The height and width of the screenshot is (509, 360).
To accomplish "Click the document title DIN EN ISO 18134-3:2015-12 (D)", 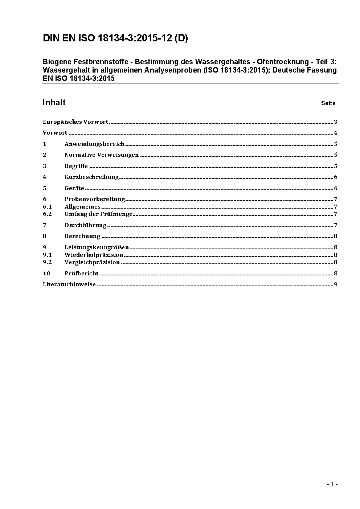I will pyautogui.click(x=115, y=38).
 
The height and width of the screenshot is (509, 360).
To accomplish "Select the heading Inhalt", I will pyautogui.click(x=54, y=102).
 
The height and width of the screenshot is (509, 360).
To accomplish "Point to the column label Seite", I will pyautogui.click(x=328, y=103).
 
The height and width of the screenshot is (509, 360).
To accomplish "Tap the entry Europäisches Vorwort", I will pyautogui.click(x=75, y=122).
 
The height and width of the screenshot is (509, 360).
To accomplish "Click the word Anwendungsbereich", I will pyautogui.click(x=94, y=144).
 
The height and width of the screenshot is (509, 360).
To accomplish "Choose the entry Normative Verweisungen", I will pyautogui.click(x=102, y=155).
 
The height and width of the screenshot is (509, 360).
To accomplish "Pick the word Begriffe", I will pyautogui.click(x=76, y=166).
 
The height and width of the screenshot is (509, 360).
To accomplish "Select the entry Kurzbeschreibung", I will pyautogui.click(x=92, y=177).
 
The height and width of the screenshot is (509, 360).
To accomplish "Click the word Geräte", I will pyautogui.click(x=74, y=188).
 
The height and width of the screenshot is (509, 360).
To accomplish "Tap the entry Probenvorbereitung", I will pyautogui.click(x=95, y=199).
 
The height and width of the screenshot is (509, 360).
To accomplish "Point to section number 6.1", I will pyautogui.click(x=47, y=207).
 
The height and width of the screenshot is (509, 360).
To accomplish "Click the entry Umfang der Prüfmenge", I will pyautogui.click(x=98, y=214).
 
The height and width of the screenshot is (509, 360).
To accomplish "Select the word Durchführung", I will pyautogui.click(x=86, y=225).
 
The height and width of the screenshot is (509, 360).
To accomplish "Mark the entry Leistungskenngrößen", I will pyautogui.click(x=97, y=247).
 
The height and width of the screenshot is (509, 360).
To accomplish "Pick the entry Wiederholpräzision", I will pyautogui.click(x=94, y=255).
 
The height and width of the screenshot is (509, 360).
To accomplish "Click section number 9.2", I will pyautogui.click(x=47, y=262).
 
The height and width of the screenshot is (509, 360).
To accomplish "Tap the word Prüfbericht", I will pyautogui.click(x=82, y=274).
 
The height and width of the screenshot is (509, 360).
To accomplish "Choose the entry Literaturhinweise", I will pyautogui.click(x=69, y=284).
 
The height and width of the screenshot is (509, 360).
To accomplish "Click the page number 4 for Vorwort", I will pyautogui.click(x=336, y=133).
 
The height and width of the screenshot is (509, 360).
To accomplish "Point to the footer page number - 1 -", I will pyautogui.click(x=332, y=484).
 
